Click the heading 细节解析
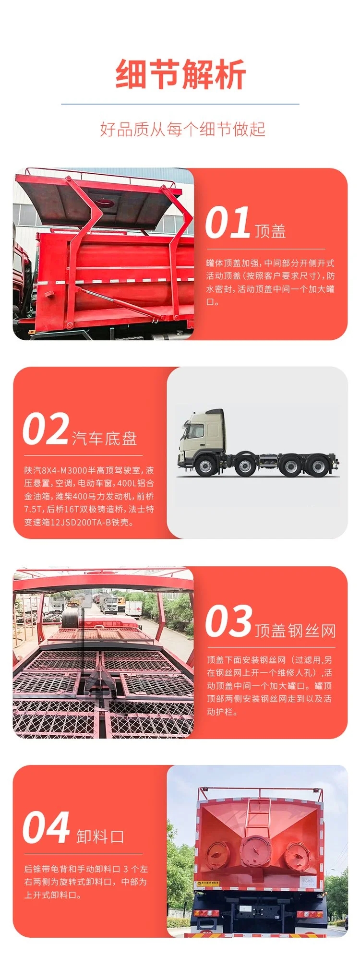[180, 74]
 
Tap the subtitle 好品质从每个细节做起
[182, 129]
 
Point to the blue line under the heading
[180, 104]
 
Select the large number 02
[46, 429]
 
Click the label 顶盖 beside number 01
[270, 231]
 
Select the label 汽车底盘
[105, 438]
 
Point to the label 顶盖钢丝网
[295, 631]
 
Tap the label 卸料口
[100, 836]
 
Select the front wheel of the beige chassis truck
[206, 467]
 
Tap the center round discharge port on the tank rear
[255, 852]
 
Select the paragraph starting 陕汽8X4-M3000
[89, 496]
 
